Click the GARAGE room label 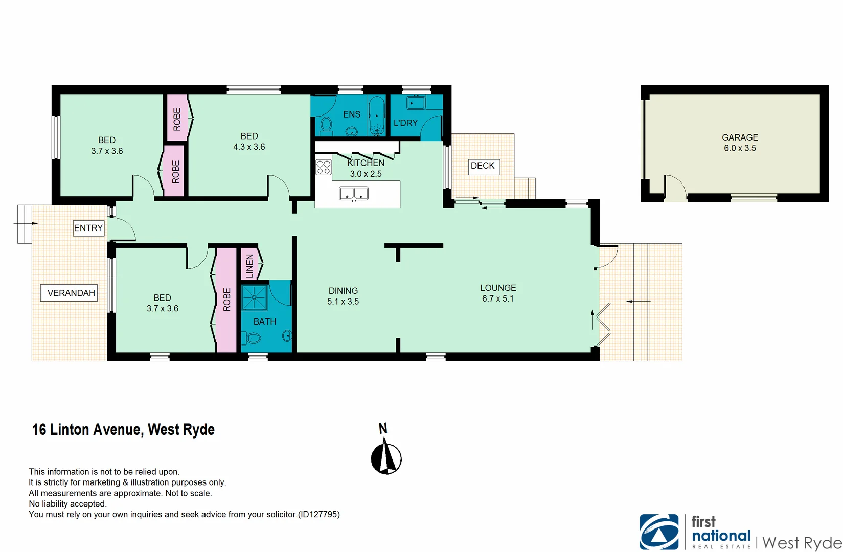739,137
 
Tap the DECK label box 483,166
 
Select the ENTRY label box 88,228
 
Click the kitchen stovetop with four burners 323,167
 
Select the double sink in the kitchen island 354,193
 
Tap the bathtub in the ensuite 377,116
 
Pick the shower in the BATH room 254,298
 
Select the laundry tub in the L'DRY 416,102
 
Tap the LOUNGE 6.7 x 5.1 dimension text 498,298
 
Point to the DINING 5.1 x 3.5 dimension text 343,302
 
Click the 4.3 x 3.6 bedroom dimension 249,147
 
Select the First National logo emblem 659,532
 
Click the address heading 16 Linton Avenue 123,429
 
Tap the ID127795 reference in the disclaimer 318,514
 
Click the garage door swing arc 675,187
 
